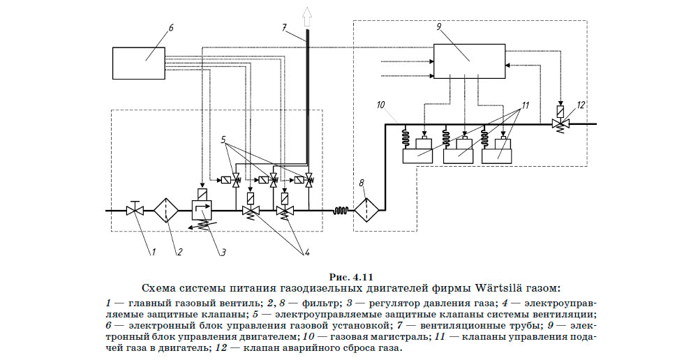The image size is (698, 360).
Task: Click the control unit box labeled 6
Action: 146,62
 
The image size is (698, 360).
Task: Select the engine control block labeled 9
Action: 469,62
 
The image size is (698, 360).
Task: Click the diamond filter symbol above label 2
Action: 166,209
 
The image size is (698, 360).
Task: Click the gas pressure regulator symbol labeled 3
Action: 202,207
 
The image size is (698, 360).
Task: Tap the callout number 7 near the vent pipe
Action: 284,28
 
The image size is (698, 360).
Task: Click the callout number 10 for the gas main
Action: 380,105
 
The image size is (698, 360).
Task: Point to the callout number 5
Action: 225,138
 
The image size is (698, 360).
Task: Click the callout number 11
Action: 525,105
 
